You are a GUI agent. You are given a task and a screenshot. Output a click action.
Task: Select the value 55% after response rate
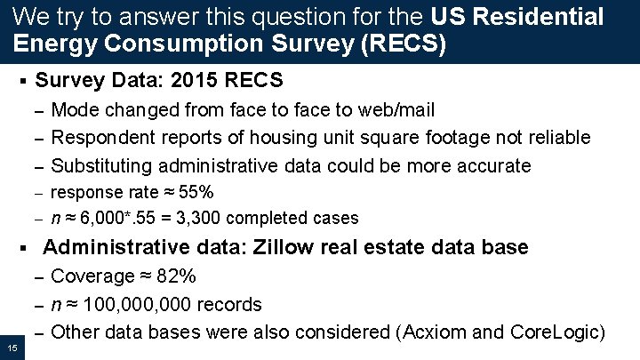coord(196,192)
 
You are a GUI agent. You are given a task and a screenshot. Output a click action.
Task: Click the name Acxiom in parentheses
coord(431,332)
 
